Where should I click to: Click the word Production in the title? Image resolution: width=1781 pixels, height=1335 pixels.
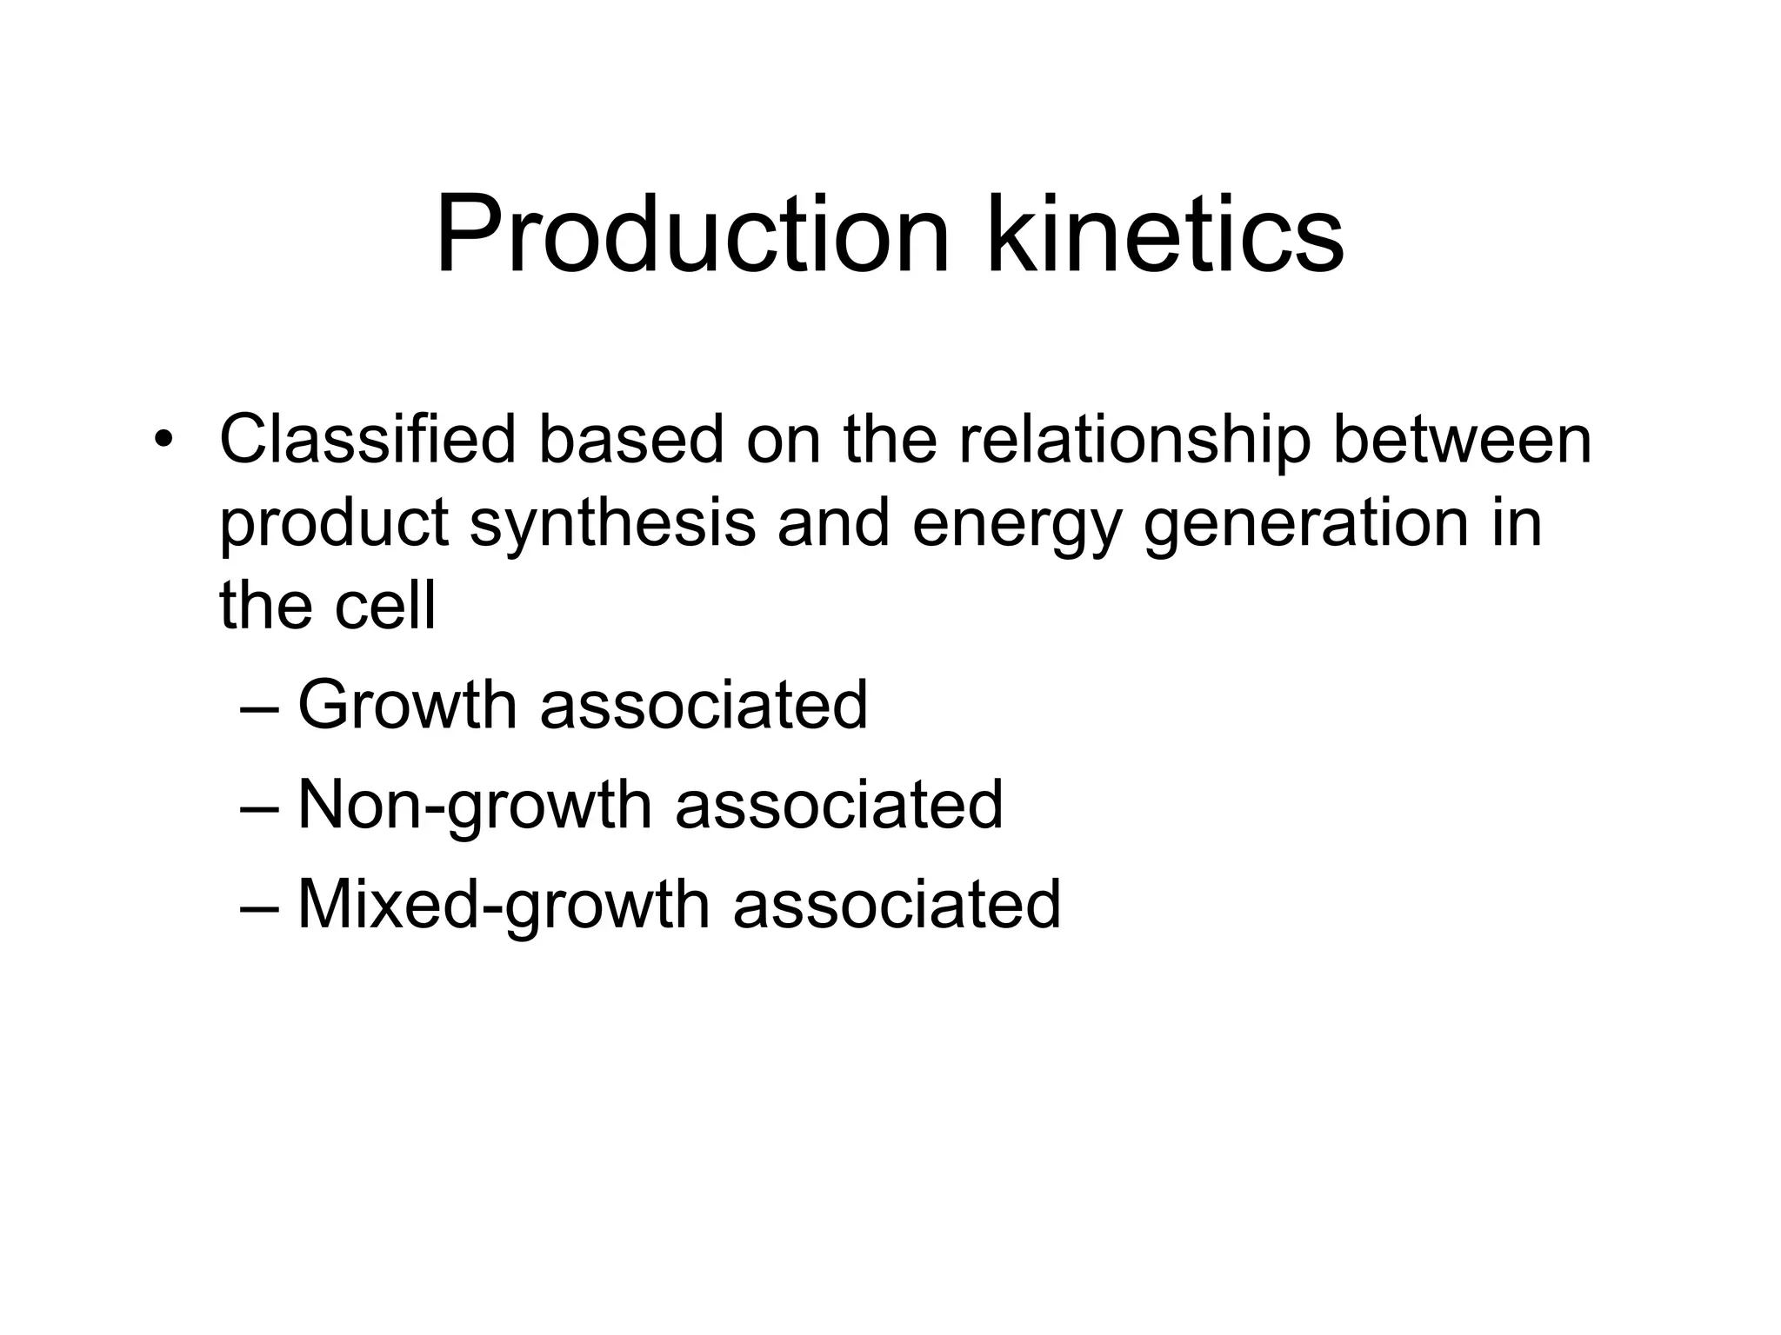[692, 235]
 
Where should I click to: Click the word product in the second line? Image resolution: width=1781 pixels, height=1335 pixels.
[334, 523]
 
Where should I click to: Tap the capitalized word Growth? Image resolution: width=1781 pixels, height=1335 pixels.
[408, 704]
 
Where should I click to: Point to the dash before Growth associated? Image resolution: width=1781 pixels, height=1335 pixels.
[259, 707]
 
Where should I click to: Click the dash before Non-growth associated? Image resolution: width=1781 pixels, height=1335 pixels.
[259, 807]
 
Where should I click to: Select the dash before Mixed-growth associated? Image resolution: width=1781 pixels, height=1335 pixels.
[259, 907]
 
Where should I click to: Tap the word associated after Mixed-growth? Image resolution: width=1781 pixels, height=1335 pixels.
[897, 905]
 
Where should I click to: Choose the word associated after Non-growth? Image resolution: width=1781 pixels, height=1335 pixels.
[839, 805]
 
